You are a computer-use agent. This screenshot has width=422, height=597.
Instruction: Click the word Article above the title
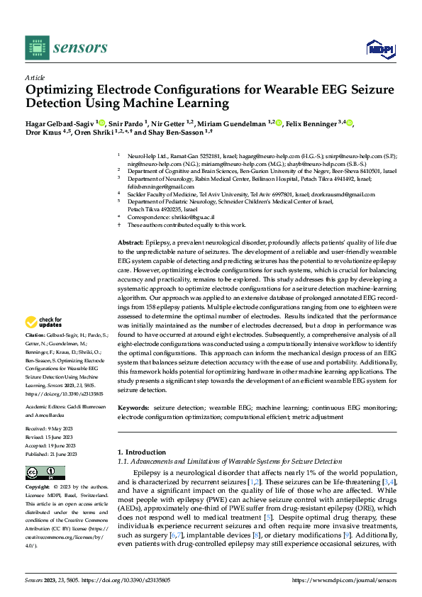click(x=35, y=77)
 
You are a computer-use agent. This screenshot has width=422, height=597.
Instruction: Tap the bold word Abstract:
click(x=131, y=243)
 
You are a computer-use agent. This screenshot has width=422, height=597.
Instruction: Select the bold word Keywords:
click(x=133, y=408)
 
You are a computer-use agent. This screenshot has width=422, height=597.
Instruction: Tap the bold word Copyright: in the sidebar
click(x=38, y=488)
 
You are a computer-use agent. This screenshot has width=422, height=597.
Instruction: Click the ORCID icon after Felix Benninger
click(x=349, y=123)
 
